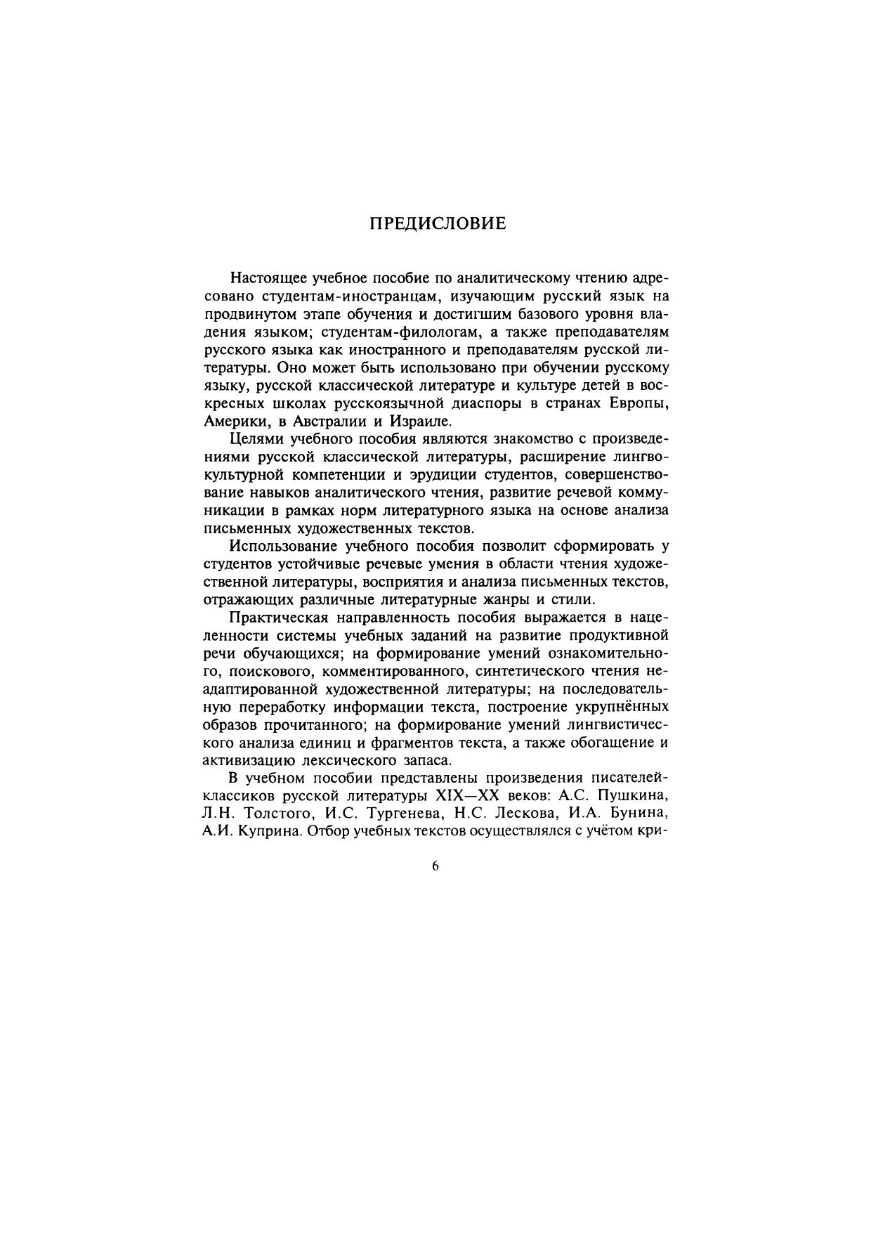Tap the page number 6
point(435,866)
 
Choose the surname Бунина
point(636,815)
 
